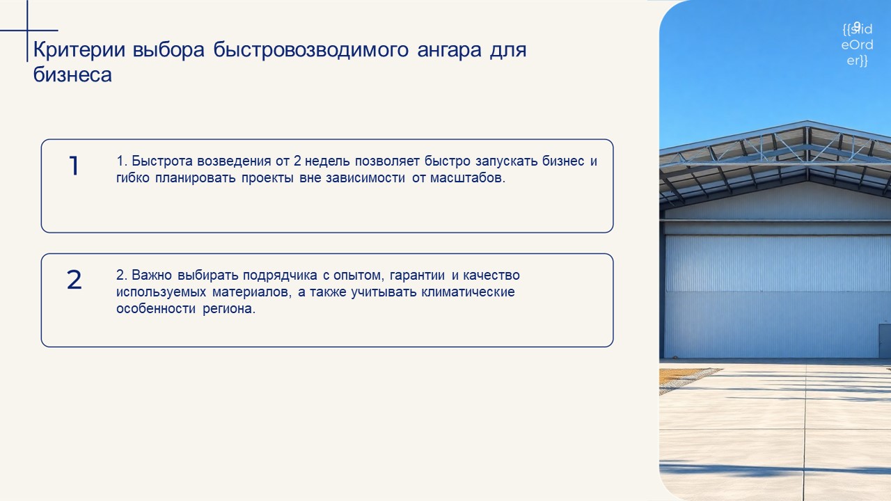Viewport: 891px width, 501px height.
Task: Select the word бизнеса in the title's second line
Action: coord(72,74)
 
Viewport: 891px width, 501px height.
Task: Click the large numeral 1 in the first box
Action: coord(74,166)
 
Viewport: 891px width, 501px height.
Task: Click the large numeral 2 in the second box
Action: coord(74,280)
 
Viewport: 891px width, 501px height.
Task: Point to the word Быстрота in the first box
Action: coord(162,161)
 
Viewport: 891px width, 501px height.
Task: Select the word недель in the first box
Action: coord(327,161)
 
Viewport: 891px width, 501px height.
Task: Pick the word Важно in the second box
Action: coord(152,275)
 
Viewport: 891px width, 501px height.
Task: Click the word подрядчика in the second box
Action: coord(280,276)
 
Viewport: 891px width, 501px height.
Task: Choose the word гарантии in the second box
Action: coord(417,276)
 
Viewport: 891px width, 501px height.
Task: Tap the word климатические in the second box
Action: coord(468,292)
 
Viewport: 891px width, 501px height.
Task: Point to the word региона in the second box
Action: coord(229,309)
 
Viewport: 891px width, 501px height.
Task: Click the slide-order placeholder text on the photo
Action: coord(857,45)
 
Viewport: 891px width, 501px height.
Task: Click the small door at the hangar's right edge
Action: coord(885,341)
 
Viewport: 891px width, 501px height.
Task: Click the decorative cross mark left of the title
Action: coord(27,31)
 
